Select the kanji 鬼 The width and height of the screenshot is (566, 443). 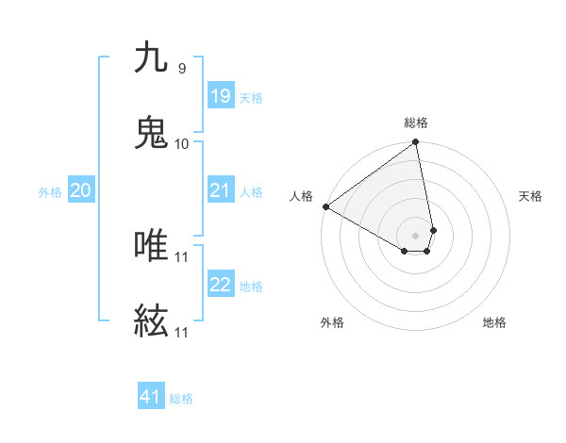(x=151, y=133)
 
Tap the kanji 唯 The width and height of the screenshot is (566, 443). (x=151, y=246)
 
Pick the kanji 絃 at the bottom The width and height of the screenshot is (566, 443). (x=151, y=322)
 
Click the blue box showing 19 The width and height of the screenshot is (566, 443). (x=220, y=96)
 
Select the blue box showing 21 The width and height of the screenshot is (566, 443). (x=220, y=190)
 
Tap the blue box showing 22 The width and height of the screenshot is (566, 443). (x=220, y=285)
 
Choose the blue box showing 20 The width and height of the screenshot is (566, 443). (x=80, y=190)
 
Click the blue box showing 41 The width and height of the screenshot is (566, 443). (x=151, y=397)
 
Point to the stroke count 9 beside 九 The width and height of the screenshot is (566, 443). (x=181, y=68)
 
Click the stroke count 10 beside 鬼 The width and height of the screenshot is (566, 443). (x=181, y=143)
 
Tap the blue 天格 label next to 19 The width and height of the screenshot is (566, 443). (x=251, y=97)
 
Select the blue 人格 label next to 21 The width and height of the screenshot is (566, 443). (x=251, y=191)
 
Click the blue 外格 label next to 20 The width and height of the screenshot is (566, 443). (x=50, y=191)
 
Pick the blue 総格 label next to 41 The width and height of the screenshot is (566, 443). (x=181, y=398)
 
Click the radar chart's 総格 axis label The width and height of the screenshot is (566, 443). (x=416, y=123)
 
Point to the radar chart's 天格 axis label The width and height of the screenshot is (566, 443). (x=531, y=196)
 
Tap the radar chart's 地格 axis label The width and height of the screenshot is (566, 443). (x=494, y=322)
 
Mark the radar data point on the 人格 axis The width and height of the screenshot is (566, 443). (x=325, y=206)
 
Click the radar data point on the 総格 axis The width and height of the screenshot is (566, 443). (x=416, y=143)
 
